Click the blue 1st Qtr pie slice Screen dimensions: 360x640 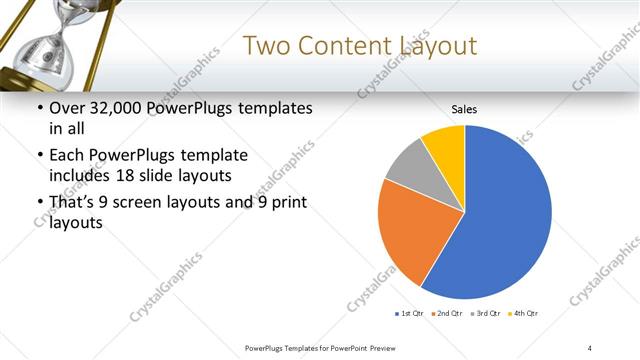(505, 220)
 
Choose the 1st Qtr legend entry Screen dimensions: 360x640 (410, 314)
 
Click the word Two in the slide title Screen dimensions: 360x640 (267, 46)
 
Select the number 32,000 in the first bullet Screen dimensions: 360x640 (121, 108)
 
